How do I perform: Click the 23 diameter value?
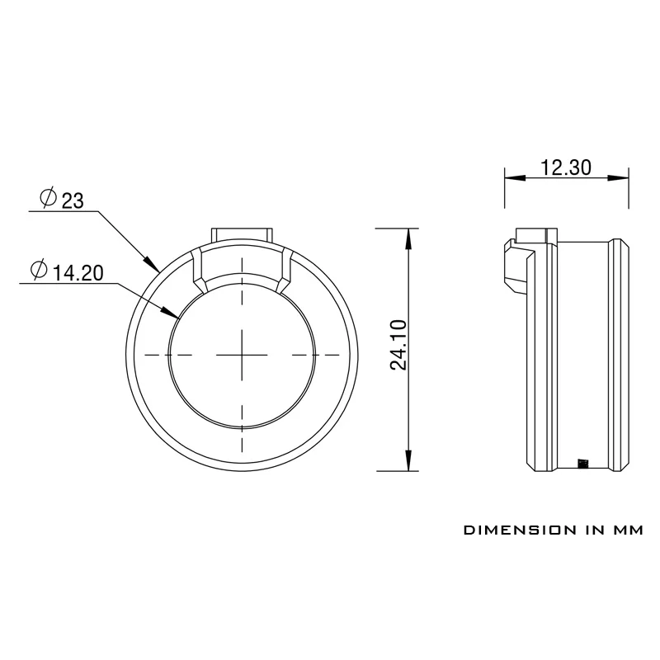73,200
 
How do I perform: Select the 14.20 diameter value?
78,273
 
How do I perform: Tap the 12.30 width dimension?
566,167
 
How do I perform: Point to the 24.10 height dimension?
398,345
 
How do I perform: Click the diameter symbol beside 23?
48,197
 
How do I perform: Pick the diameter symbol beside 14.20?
39,270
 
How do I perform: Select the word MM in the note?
628,530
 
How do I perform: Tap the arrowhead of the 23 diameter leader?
152,263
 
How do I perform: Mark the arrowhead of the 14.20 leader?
172,313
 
